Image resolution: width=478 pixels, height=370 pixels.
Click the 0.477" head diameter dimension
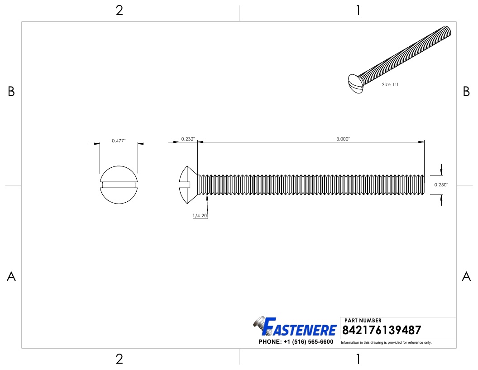(x=119, y=141)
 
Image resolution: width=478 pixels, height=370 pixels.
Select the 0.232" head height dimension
(x=188, y=139)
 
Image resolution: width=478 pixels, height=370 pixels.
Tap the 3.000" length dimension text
(x=343, y=139)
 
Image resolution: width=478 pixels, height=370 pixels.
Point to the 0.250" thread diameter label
(x=441, y=185)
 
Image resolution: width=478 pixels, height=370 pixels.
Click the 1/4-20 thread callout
(x=200, y=215)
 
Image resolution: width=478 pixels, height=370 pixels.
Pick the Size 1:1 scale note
(x=390, y=84)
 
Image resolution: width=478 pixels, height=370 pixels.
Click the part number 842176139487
(x=382, y=330)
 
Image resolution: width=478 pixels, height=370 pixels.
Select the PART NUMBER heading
(x=363, y=320)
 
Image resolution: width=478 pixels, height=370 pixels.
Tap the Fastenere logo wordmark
(x=299, y=327)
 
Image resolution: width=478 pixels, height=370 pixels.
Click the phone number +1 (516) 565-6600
(x=308, y=341)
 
